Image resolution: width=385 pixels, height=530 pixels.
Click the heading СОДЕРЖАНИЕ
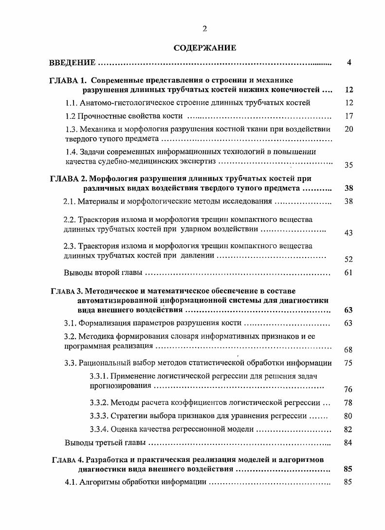click(204, 48)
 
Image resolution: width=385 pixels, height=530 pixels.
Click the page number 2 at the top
click(204, 29)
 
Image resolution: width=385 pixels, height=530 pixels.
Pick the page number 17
click(348, 116)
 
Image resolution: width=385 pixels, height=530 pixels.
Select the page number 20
click(348, 129)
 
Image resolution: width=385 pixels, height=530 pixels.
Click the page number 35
click(348, 165)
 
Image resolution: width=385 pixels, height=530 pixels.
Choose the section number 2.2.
click(70, 219)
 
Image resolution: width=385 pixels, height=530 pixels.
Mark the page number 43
click(348, 233)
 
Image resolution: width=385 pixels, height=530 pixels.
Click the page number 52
click(348, 259)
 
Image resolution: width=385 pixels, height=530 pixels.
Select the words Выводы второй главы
click(103, 273)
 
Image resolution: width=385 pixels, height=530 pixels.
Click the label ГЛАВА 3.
click(67, 291)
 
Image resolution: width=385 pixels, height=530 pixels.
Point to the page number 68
click(348, 349)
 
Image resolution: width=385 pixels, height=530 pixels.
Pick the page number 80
click(348, 416)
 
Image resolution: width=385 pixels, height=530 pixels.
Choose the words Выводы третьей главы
click(105, 443)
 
